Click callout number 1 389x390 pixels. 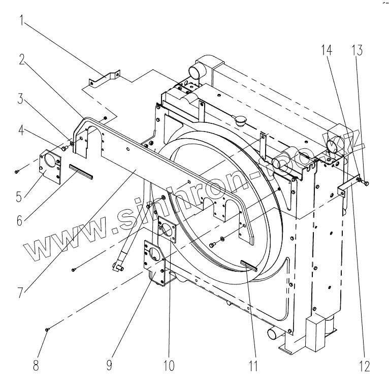[22, 21]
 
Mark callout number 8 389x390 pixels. [36, 366]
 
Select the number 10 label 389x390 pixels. [169, 366]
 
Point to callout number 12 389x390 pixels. [365, 366]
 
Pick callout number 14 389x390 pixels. [327, 49]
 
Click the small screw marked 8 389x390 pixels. [47, 330]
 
